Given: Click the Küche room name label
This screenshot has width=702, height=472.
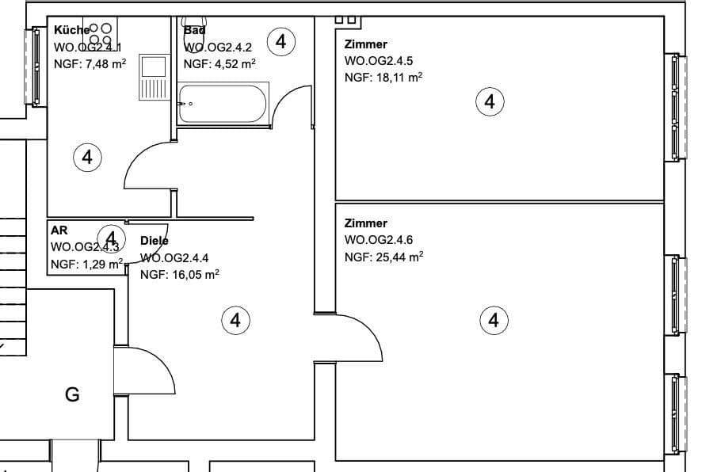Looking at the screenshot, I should pyautogui.click(x=71, y=30).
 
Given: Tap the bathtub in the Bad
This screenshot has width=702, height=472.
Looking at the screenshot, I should pyautogui.click(x=221, y=103).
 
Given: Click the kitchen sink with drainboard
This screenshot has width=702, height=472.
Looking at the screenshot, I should pyautogui.click(x=153, y=77).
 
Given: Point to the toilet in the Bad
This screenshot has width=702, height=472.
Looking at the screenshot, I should pyautogui.click(x=194, y=25).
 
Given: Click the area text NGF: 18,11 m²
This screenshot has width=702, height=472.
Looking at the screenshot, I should pyautogui.click(x=383, y=77).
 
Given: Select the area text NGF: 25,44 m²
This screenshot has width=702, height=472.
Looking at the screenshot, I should pyautogui.click(x=383, y=257).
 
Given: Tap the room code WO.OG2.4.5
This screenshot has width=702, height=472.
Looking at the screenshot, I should pyautogui.click(x=379, y=61).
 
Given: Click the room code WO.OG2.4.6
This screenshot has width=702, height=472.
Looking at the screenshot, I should pyautogui.click(x=379, y=240).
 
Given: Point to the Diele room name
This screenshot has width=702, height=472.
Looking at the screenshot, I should pyautogui.click(x=155, y=241).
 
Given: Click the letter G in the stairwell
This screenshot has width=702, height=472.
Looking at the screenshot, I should pyautogui.click(x=72, y=394).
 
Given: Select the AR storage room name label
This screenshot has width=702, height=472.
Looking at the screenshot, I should pyautogui.click(x=59, y=230).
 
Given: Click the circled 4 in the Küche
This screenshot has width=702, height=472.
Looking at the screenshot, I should pyautogui.click(x=87, y=157).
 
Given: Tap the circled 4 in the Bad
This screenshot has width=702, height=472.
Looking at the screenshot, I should pyautogui.click(x=281, y=41).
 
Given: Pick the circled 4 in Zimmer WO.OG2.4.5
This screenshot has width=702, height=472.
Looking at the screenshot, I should pyautogui.click(x=490, y=101).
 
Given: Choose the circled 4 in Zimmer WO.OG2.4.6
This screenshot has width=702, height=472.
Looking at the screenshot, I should pyautogui.click(x=494, y=320).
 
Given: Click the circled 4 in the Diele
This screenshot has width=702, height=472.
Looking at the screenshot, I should pyautogui.click(x=235, y=320).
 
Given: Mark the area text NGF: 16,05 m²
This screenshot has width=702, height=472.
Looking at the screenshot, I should pyautogui.click(x=179, y=275).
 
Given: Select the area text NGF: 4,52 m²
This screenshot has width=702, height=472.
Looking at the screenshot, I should pyautogui.click(x=219, y=64).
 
